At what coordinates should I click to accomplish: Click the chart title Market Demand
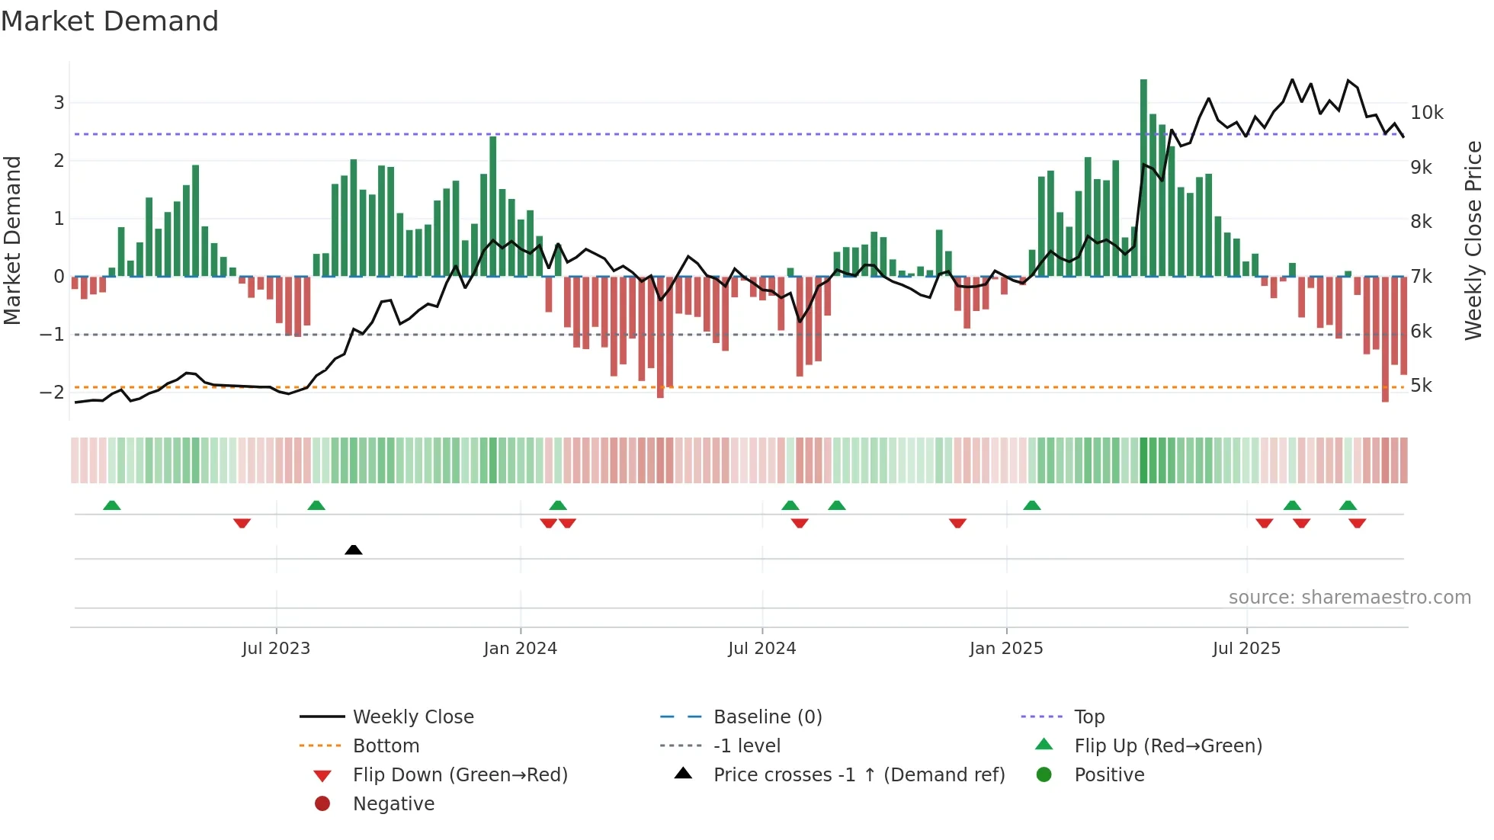click(x=110, y=21)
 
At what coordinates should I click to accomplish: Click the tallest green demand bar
click(x=1143, y=177)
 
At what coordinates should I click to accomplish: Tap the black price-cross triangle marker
click(x=353, y=550)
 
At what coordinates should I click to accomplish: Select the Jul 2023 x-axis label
click(x=276, y=649)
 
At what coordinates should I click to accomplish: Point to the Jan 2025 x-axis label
click(x=1006, y=649)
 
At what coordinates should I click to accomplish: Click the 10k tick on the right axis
click(x=1426, y=113)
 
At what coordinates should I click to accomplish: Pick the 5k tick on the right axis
click(x=1421, y=386)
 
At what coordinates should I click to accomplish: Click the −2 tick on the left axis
click(x=52, y=392)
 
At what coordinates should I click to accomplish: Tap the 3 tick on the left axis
click(x=59, y=102)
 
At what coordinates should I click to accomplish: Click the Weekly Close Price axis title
click(x=1473, y=240)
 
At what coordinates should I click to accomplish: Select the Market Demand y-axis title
click(x=12, y=240)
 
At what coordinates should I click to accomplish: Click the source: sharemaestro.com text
click(x=1349, y=598)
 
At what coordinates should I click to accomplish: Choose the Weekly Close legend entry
click(x=413, y=717)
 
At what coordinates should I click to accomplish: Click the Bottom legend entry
click(x=386, y=746)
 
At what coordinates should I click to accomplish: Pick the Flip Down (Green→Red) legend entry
click(x=460, y=775)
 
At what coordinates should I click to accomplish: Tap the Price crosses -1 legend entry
click(x=859, y=775)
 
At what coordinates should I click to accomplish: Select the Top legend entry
click(x=1089, y=717)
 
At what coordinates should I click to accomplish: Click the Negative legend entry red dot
click(x=322, y=804)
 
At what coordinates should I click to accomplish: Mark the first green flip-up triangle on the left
click(x=112, y=505)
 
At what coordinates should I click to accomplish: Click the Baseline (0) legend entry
click(x=768, y=717)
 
